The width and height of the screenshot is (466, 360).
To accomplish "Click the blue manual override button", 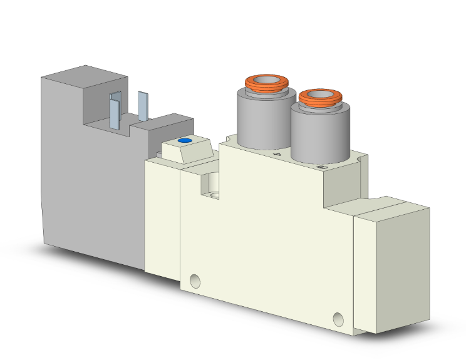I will pos(184,141).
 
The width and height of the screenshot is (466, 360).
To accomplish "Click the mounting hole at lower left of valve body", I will pos(197,280).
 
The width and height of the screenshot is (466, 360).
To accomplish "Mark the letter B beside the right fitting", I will pos(322,167).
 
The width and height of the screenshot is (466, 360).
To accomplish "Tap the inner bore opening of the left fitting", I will pos(266,80).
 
